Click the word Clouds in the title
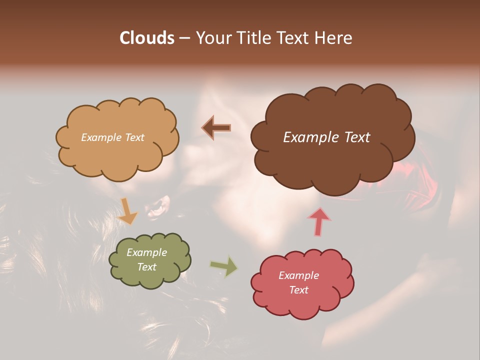(x=146, y=38)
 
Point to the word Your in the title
(x=213, y=38)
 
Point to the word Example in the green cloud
(x=146, y=252)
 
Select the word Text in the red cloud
(x=298, y=290)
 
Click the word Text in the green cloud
(x=146, y=267)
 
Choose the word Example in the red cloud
(x=298, y=275)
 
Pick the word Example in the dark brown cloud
(x=309, y=137)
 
